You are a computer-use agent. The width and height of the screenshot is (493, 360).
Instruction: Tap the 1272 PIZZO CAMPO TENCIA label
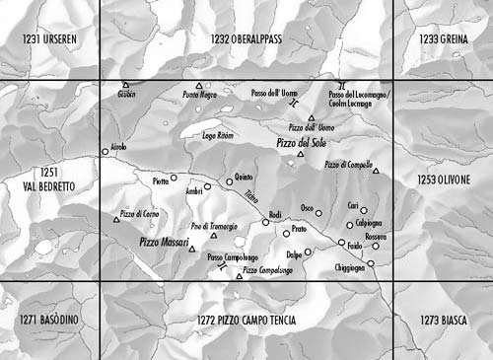click(x=246, y=321)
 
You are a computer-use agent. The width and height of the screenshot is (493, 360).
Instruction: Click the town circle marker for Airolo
click(x=106, y=152)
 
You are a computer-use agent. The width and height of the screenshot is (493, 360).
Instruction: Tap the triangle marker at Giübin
click(x=124, y=86)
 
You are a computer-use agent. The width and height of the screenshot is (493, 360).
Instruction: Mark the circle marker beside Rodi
click(x=265, y=223)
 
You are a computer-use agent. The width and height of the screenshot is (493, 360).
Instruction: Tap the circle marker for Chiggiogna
click(x=372, y=262)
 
